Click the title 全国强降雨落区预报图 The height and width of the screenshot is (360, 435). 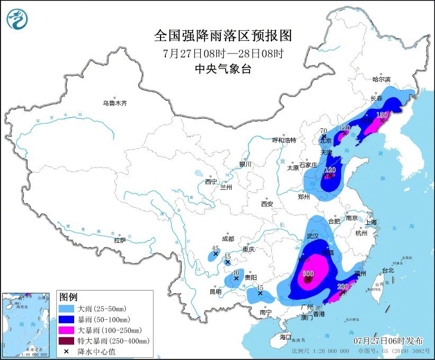coord(223,36)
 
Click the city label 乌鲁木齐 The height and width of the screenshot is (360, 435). coord(115,103)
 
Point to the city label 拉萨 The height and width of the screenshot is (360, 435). coord(120,240)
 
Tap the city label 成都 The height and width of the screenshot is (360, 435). coord(228,239)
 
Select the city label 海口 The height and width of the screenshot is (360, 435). coord(286,337)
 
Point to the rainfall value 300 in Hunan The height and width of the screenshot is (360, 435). coord(308,274)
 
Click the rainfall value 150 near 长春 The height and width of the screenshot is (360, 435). coord(381,115)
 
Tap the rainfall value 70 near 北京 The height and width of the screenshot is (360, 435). coord(324,131)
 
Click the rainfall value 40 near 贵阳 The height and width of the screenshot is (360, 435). coord(236,272)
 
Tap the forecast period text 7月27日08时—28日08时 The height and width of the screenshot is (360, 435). coord(223,53)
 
